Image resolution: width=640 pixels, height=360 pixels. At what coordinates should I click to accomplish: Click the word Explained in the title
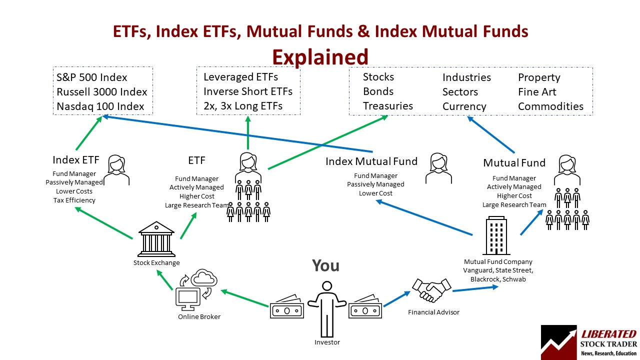click(x=320, y=56)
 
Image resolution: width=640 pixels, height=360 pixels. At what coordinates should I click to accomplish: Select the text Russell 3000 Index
click(x=102, y=92)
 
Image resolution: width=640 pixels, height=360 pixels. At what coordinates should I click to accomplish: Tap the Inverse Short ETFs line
click(x=247, y=91)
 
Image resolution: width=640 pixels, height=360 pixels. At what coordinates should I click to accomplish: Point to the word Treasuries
click(x=387, y=106)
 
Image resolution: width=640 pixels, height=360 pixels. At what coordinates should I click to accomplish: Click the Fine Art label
click(x=537, y=92)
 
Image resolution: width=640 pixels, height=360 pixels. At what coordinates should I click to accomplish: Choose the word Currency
click(x=464, y=106)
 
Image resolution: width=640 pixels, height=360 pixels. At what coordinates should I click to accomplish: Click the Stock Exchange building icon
click(x=156, y=238)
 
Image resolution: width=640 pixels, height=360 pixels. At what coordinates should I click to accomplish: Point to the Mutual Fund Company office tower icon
click(x=496, y=236)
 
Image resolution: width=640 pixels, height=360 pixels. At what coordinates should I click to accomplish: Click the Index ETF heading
click(x=76, y=160)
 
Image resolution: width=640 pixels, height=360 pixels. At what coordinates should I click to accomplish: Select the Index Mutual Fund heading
click(x=371, y=161)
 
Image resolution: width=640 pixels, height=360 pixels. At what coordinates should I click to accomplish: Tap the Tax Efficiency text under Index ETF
click(x=74, y=200)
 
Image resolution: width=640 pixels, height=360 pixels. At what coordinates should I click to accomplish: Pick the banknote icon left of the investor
click(x=286, y=309)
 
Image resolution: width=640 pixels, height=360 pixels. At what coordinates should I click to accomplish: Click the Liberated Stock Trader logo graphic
click(x=559, y=342)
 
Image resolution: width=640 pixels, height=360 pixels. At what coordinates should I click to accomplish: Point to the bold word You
click(x=325, y=265)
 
